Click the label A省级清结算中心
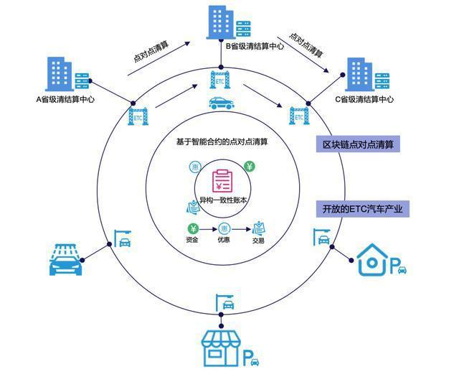65,100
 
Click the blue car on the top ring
220,104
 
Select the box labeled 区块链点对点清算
358,144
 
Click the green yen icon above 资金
191,229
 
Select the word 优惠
224,241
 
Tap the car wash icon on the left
67,259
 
